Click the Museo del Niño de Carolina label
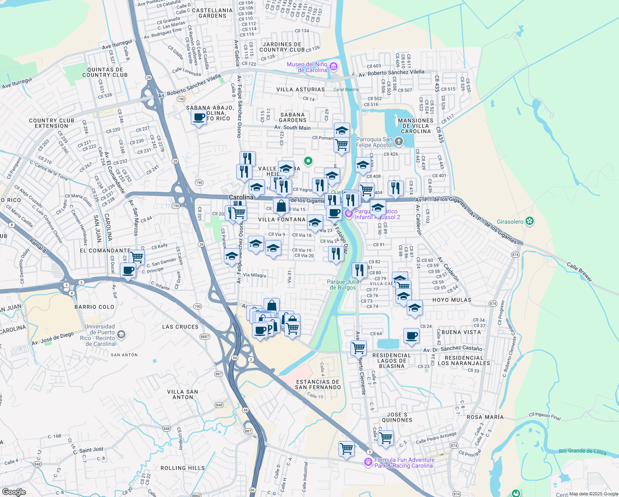click(307, 67)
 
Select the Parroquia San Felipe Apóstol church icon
click(398, 142)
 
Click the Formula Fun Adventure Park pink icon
click(367, 462)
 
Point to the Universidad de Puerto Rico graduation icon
click(121, 334)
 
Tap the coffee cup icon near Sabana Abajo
click(199, 117)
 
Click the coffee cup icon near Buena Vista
click(412, 335)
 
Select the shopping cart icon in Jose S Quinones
click(386, 437)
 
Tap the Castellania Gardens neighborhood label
click(212, 13)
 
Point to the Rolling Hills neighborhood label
click(182, 468)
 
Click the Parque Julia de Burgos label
click(343, 285)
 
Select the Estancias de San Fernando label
click(318, 385)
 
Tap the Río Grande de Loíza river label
click(582, 451)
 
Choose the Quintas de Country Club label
click(105, 72)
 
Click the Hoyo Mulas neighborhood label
click(451, 300)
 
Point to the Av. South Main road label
click(292, 128)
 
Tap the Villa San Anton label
click(182, 394)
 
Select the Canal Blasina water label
click(346, 89)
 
